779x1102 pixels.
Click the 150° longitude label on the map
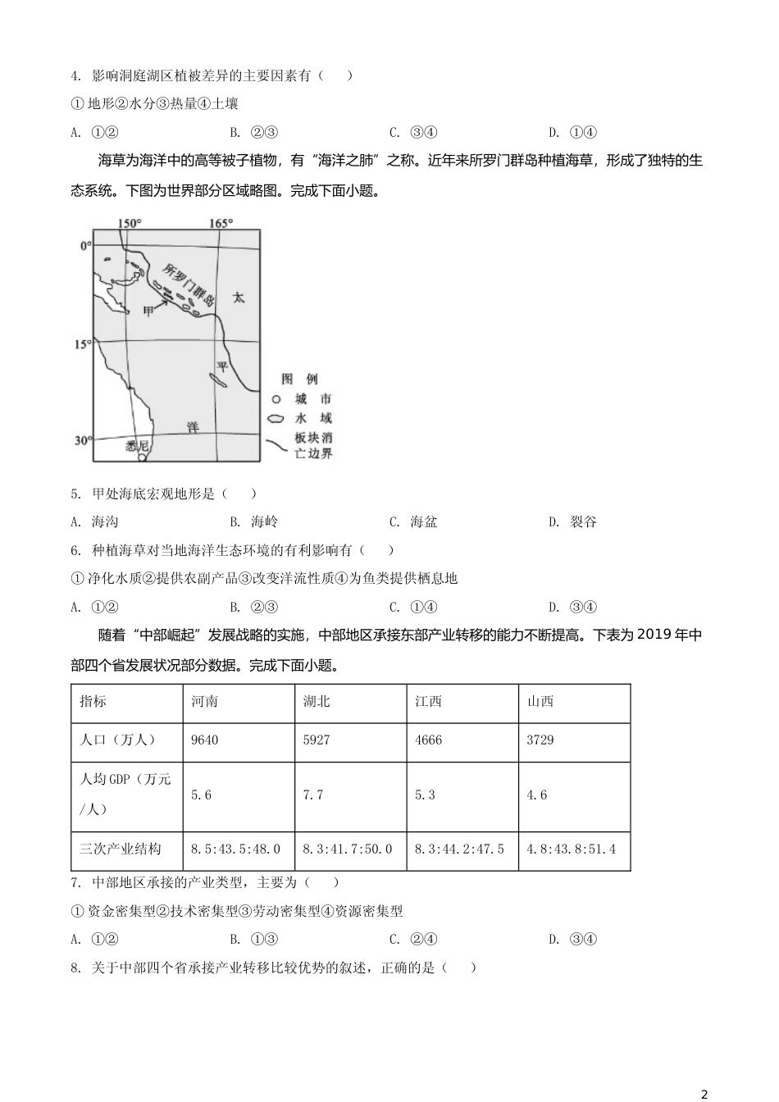(129, 223)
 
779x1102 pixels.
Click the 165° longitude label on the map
(221, 223)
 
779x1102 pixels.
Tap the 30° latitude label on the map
(83, 440)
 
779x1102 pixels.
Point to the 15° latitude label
(83, 344)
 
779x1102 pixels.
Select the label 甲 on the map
(148, 311)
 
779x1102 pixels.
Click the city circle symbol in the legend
(276, 399)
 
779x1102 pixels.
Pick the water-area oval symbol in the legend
(276, 418)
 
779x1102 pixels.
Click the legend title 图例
(299, 379)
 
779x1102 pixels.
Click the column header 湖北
(317, 702)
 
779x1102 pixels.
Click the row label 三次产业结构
(121, 849)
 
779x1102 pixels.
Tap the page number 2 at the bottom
(704, 1094)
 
